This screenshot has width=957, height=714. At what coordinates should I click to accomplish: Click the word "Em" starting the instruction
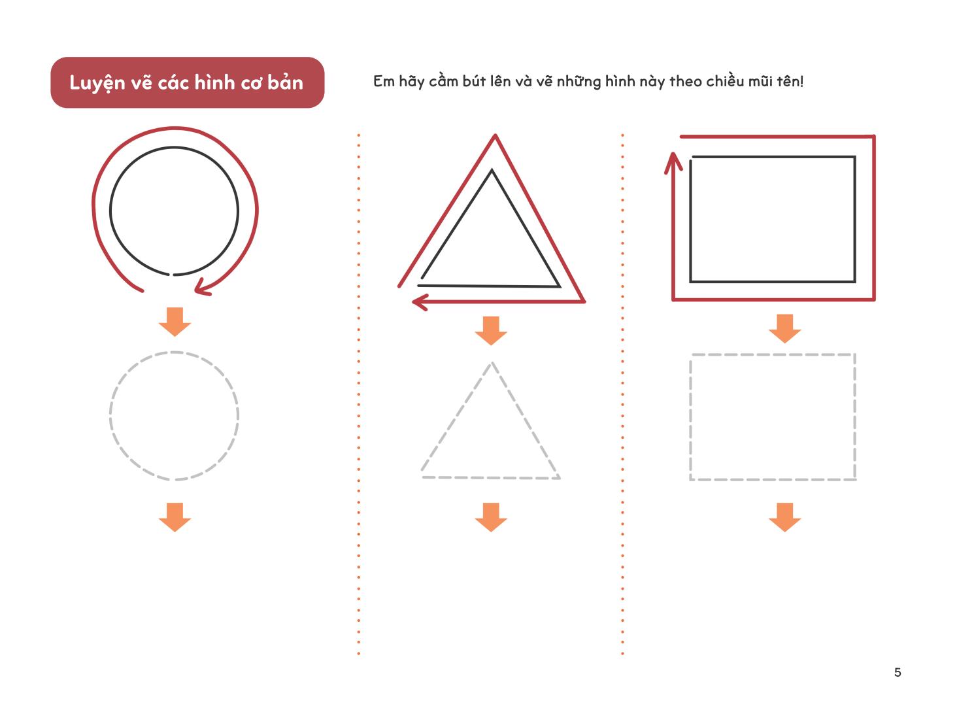[384, 82]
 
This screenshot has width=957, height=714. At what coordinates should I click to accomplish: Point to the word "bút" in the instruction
[474, 82]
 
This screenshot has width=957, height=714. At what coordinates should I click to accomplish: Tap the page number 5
[898, 673]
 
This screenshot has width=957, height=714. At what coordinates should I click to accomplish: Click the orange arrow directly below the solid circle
[175, 322]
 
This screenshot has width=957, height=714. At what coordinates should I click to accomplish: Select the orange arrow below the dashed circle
[175, 517]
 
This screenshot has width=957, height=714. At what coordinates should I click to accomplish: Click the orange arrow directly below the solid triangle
[491, 331]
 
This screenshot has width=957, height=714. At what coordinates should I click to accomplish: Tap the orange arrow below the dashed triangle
[491, 517]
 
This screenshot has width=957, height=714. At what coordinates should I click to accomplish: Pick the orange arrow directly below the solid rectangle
[785, 329]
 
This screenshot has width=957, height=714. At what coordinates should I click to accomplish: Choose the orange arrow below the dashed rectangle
[785, 517]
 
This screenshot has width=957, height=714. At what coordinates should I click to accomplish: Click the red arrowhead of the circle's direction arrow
[201, 287]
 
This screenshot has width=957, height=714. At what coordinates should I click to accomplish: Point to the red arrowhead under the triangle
[420, 302]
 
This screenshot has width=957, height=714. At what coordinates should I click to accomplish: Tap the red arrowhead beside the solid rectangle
[673, 163]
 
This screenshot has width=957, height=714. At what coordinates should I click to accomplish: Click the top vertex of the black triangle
[492, 170]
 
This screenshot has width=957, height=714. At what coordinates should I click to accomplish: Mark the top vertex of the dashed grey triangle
[492, 363]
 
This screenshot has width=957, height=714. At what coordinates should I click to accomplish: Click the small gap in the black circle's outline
[171, 275]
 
